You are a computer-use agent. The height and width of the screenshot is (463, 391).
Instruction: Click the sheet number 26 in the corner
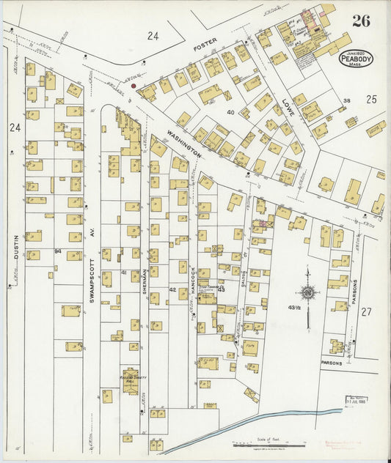(360, 21)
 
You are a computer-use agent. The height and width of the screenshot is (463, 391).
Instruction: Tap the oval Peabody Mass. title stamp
(357, 58)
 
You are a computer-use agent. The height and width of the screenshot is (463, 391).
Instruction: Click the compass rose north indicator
(308, 294)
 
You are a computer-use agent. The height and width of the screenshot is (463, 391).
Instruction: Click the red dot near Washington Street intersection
(133, 86)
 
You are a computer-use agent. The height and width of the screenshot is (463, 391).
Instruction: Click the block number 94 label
(57, 251)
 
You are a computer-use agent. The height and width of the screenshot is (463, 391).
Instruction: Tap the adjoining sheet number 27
(366, 311)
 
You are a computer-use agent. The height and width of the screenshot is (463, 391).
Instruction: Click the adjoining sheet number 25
(370, 98)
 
